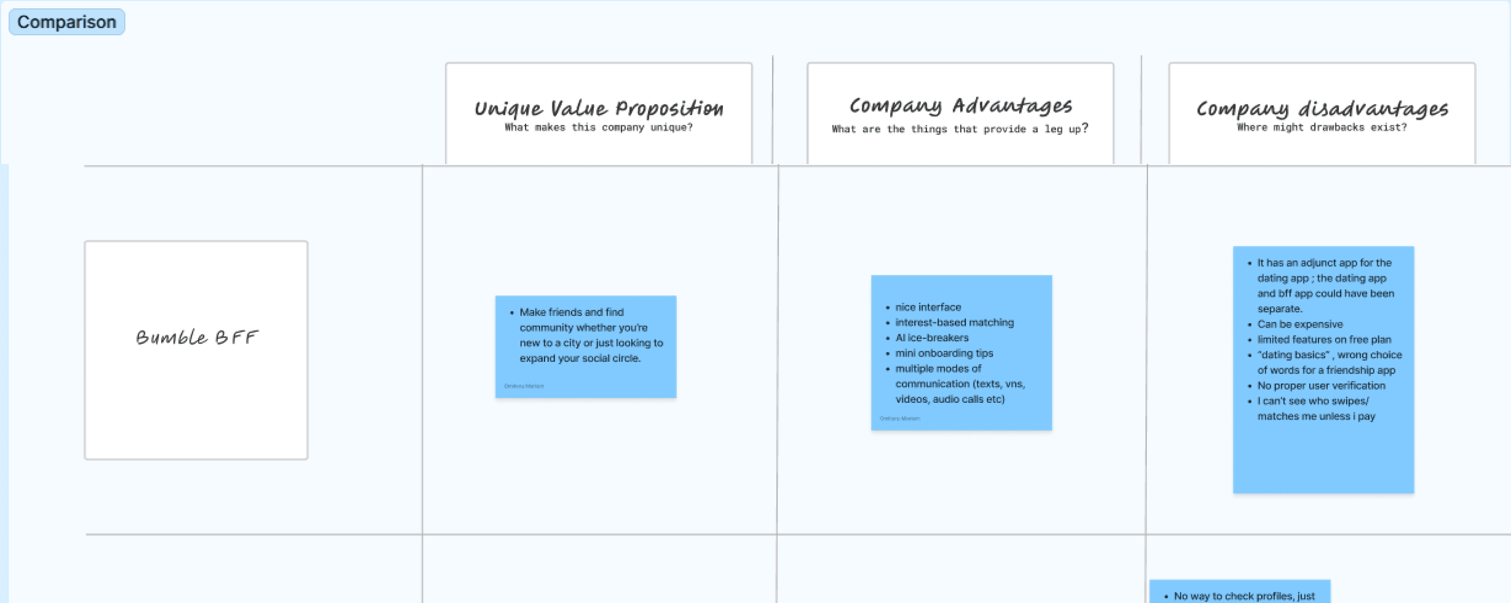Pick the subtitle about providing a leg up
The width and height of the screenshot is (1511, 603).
pyautogui.click(x=960, y=129)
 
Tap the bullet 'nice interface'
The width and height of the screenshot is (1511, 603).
pyautogui.click(x=928, y=307)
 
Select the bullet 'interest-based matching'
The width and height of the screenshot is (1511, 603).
pyautogui.click(x=954, y=322)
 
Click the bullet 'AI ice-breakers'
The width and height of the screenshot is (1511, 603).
pyautogui.click(x=931, y=338)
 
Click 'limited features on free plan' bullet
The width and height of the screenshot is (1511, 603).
pyautogui.click(x=1324, y=339)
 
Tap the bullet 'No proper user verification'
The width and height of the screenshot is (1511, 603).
pyautogui.click(x=1321, y=386)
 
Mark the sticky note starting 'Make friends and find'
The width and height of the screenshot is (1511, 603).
pyautogui.click(x=585, y=347)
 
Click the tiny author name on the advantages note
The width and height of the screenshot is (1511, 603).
pyautogui.click(x=900, y=418)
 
